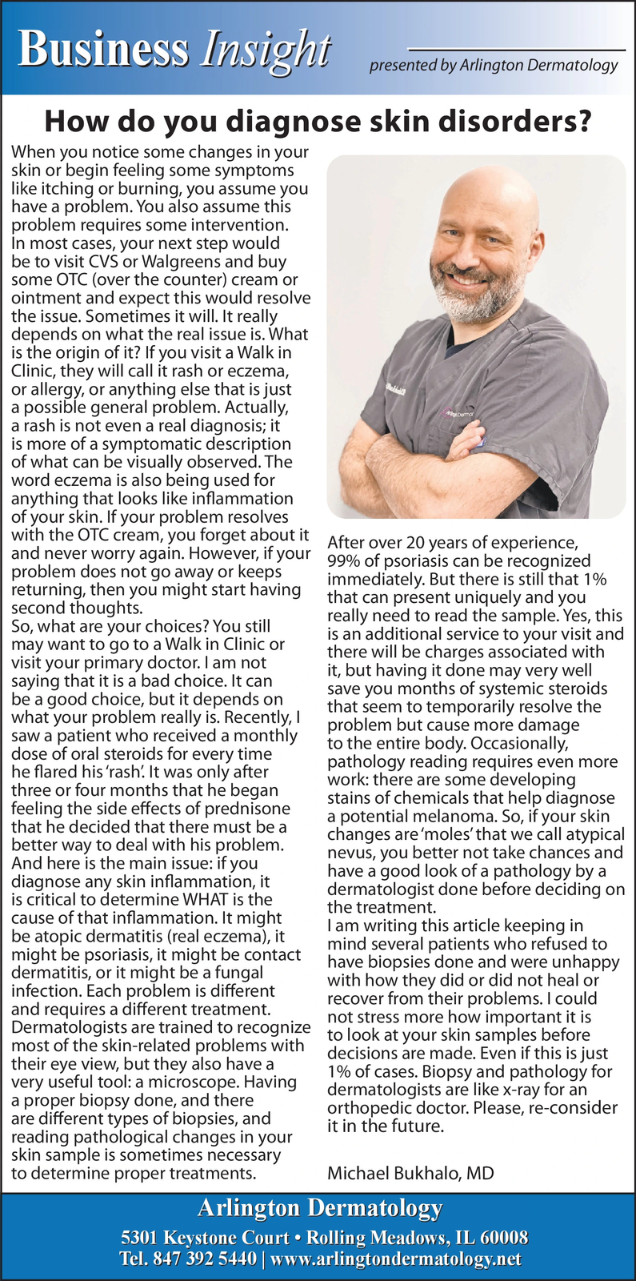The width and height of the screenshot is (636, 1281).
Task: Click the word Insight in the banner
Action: [x=266, y=50]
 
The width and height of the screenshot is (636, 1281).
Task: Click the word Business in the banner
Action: [x=104, y=50]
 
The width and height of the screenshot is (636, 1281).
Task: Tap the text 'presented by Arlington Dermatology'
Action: [x=493, y=66]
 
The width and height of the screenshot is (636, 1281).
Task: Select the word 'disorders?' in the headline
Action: [x=524, y=122]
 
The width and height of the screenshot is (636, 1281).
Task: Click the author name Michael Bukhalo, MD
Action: [x=410, y=1174]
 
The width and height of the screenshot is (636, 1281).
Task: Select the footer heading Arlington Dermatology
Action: [x=319, y=1207]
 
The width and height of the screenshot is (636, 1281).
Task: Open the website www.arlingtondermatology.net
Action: [x=396, y=1259]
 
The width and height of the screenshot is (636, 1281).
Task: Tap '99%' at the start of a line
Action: [x=344, y=560]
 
